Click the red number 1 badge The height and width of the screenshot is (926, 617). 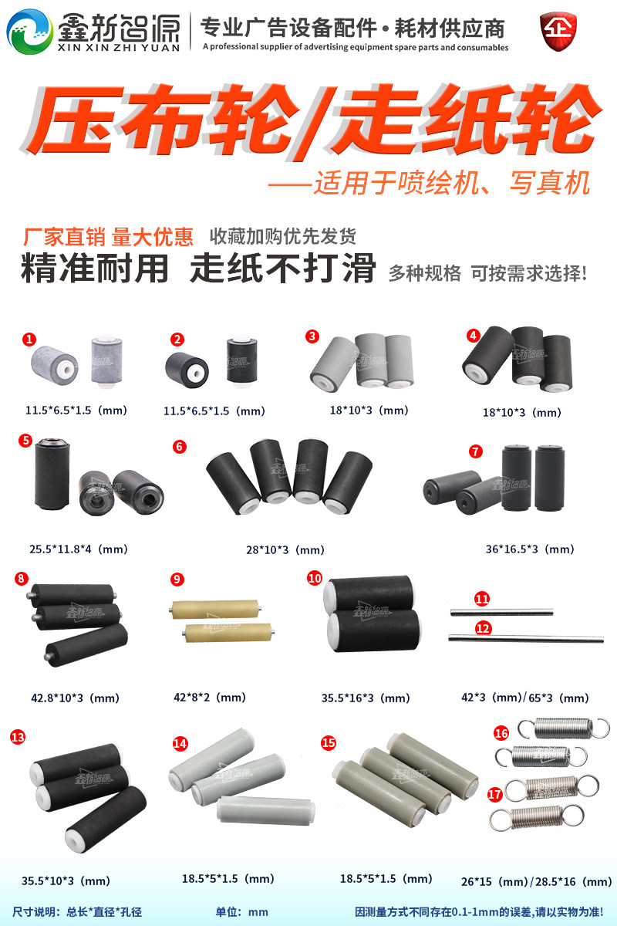click(29, 339)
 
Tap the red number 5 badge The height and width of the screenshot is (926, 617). click(25, 441)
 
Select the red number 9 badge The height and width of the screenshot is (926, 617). click(177, 579)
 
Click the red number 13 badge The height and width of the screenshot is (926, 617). click(17, 737)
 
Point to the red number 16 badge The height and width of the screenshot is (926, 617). click(501, 733)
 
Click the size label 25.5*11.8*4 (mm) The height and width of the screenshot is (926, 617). click(79, 549)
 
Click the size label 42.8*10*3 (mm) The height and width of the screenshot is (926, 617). click(76, 698)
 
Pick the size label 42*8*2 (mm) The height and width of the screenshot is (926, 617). click(210, 698)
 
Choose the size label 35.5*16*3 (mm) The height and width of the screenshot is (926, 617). click(366, 698)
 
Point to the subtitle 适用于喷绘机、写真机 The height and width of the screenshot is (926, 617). click(451, 184)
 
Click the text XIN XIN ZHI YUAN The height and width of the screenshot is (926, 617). click(117, 47)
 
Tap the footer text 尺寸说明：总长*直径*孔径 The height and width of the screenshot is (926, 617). click(77, 911)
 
